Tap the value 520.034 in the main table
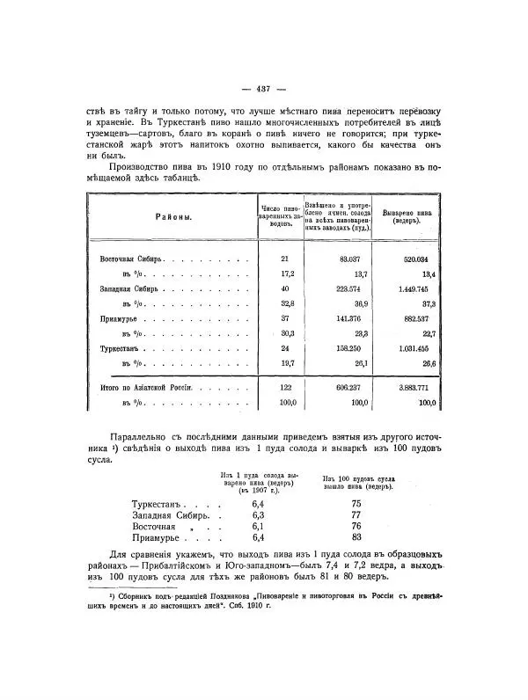(x=409, y=259)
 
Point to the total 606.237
(x=337, y=387)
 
